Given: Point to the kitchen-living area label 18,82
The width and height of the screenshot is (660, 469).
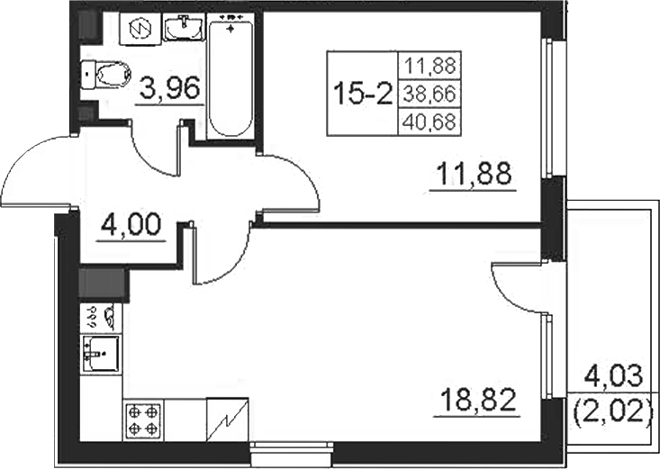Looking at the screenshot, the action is pyautogui.click(x=478, y=400).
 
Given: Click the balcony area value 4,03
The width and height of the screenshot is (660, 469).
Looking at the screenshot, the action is pyautogui.click(x=614, y=377).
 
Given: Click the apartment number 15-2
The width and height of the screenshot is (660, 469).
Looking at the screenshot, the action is pyautogui.click(x=362, y=93).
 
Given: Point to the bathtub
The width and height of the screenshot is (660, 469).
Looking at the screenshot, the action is pyautogui.click(x=230, y=75).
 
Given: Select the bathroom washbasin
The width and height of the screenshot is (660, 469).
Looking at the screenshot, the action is pyautogui.click(x=183, y=28).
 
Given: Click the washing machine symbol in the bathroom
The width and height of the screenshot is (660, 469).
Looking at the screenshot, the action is pyautogui.click(x=140, y=28).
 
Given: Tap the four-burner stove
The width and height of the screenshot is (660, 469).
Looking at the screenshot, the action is pyautogui.click(x=142, y=419).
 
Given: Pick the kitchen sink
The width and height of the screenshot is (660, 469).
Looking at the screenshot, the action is pyautogui.click(x=101, y=354).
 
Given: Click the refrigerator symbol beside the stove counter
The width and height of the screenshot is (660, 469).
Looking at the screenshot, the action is pyautogui.click(x=227, y=419).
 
